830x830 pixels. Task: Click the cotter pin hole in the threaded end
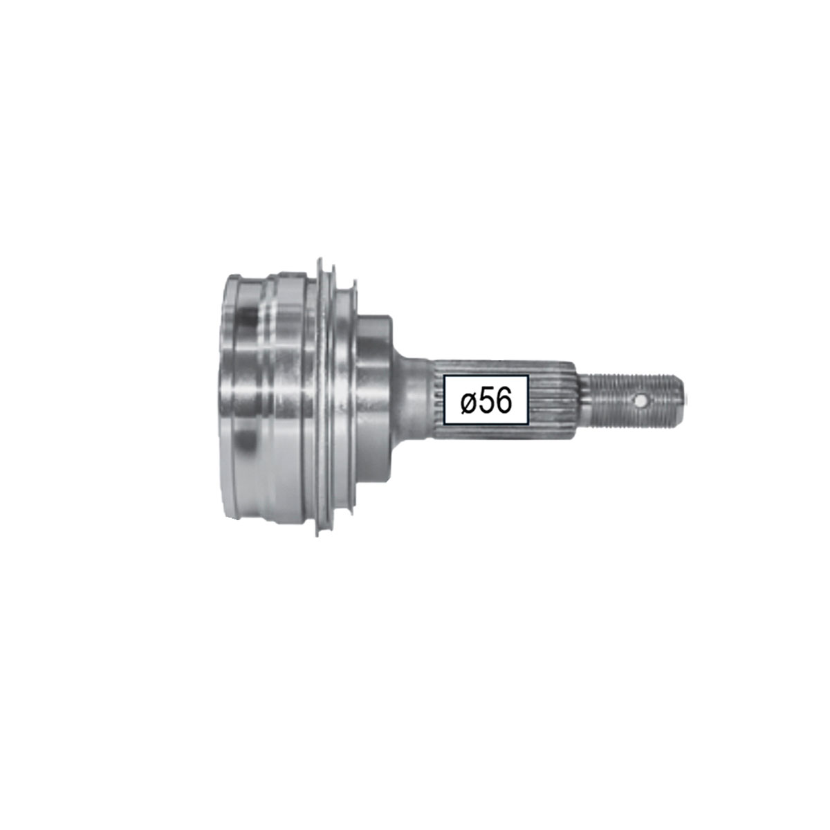(641, 400)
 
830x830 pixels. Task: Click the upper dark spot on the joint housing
(248, 319)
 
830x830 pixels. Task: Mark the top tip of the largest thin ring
(320, 260)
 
